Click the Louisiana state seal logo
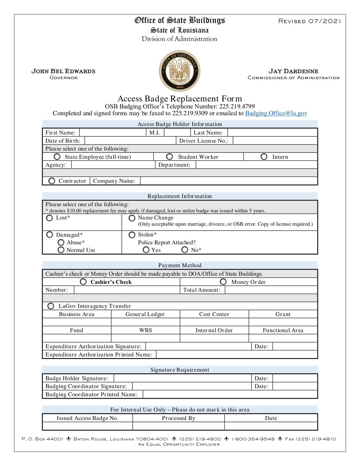[180, 71]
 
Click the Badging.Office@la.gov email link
[276, 113]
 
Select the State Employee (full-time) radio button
[57, 156]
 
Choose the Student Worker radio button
[169, 156]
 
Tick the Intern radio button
[264, 156]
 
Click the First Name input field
[113, 132]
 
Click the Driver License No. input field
[275, 141]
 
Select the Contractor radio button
[52, 181]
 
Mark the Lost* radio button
[49, 218]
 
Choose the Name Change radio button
[132, 218]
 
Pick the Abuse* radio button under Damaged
[61, 242]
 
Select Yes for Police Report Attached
[146, 250]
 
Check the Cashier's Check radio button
[83, 282]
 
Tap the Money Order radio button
[223, 282]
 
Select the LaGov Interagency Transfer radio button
[51, 306]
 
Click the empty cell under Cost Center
[214, 322]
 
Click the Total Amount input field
[271, 290]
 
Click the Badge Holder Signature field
[182, 378]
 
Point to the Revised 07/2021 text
[310, 21]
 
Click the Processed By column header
[178, 418]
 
